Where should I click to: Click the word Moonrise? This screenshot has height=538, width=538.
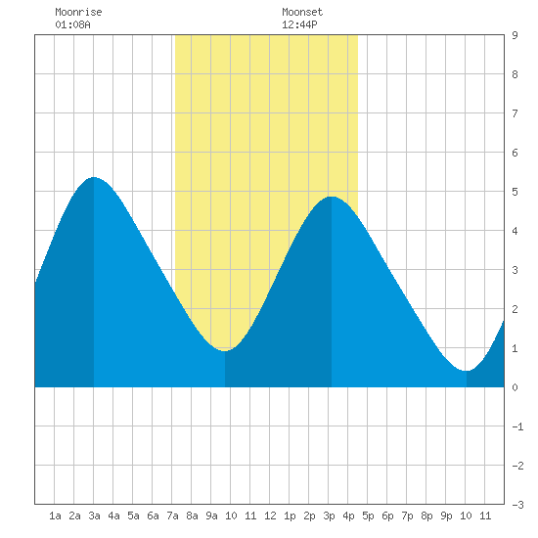78,12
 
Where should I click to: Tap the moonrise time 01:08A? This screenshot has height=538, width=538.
72,24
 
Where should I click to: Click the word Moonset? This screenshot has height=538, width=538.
302,12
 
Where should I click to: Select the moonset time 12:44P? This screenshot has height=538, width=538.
299,24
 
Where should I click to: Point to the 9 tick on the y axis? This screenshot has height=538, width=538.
515,35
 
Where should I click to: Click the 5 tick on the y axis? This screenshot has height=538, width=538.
515,192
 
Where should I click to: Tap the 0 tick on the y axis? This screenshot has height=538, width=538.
515,387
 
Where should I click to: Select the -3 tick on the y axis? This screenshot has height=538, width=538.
517,505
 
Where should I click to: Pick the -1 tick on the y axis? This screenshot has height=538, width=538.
517,426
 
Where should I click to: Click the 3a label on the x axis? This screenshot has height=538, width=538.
94,516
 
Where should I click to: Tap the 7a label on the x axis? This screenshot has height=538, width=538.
172,516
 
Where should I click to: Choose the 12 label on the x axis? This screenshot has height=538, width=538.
270,516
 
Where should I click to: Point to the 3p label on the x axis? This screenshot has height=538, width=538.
329,516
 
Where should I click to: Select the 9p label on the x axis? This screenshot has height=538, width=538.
446,516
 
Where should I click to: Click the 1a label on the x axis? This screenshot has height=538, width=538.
55,516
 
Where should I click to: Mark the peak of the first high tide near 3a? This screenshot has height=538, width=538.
94,177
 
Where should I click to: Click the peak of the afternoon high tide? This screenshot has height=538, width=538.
332,197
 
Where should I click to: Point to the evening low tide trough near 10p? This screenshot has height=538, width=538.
467,371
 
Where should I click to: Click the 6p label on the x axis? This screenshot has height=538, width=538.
387,516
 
